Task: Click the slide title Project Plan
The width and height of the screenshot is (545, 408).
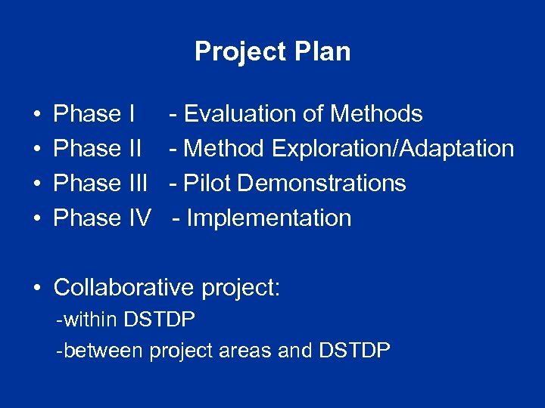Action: (272, 51)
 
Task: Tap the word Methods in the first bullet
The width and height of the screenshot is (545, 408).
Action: (377, 114)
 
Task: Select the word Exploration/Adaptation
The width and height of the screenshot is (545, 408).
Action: (392, 149)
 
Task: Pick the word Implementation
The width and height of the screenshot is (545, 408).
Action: (269, 218)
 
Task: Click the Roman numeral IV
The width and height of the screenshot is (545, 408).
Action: (139, 218)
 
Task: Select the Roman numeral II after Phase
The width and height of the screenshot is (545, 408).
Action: (132, 149)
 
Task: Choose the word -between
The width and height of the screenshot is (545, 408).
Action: (100, 351)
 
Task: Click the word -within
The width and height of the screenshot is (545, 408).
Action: (87, 320)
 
